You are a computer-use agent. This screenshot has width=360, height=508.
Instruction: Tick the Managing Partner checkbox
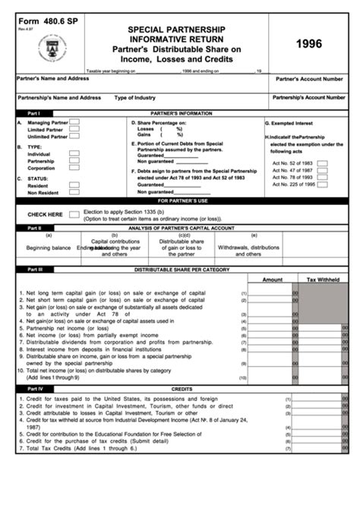(74, 121)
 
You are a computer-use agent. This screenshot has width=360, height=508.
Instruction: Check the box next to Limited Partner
(74, 129)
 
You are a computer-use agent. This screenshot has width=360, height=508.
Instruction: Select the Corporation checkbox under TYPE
(74, 168)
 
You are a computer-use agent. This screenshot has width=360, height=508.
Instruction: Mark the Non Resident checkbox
(74, 193)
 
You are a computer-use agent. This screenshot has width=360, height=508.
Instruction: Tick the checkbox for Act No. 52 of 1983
(323, 162)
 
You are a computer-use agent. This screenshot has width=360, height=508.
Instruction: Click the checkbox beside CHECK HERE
(74, 214)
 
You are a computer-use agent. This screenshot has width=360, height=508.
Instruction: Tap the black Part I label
(34, 112)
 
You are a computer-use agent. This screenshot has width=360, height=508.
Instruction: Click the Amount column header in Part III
(272, 280)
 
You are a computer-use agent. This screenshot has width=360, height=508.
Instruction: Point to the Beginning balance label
(48, 248)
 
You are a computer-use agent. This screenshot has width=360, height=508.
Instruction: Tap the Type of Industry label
(136, 97)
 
